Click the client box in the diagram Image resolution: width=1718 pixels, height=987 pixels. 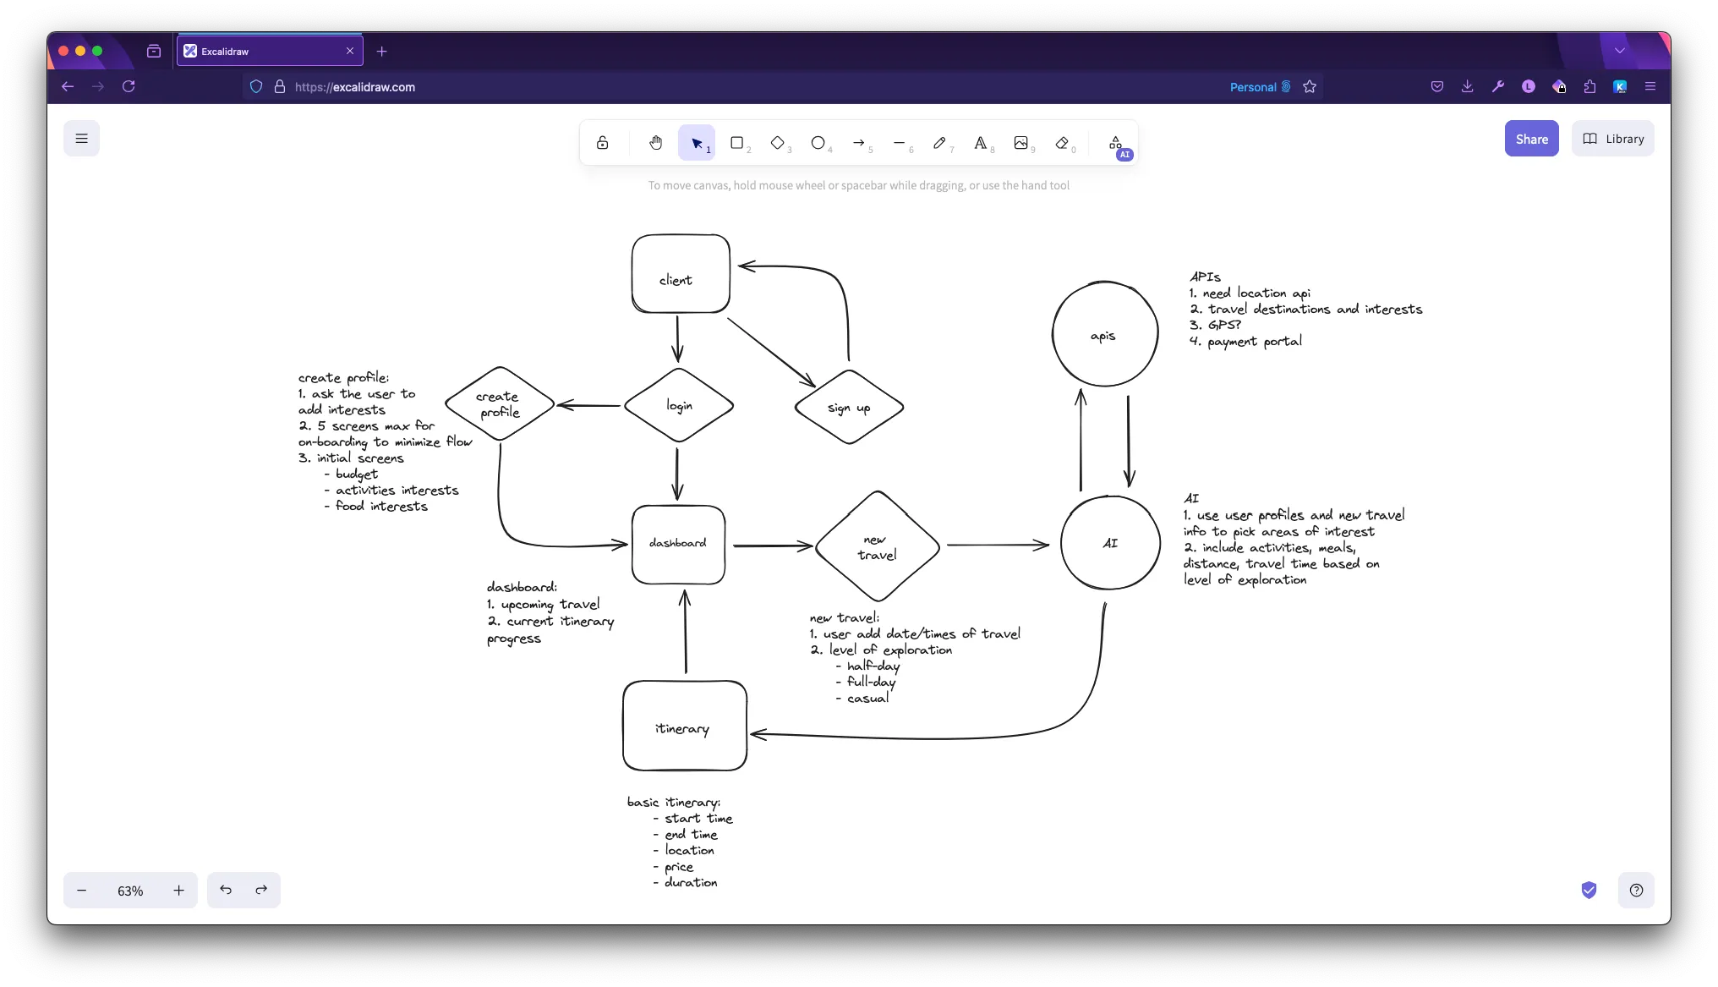click(x=681, y=274)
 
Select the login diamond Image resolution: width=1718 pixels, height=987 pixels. click(x=679, y=406)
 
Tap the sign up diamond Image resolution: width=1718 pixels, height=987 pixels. click(x=849, y=408)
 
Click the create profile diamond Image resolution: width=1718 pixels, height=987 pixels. click(x=499, y=404)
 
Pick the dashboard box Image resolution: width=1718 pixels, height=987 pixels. click(x=678, y=544)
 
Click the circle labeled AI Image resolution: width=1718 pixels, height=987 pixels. click(x=1110, y=543)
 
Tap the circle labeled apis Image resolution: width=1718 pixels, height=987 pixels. click(x=1104, y=335)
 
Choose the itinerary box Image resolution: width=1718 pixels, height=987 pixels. click(x=684, y=727)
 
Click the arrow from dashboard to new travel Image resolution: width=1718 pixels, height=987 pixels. click(x=771, y=546)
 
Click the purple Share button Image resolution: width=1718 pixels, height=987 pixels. click(x=1531, y=139)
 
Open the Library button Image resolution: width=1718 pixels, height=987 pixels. click(x=1612, y=139)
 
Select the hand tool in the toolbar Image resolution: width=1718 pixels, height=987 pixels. click(x=655, y=143)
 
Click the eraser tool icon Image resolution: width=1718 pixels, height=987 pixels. click(x=1062, y=143)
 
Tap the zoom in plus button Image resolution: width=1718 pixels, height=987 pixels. click(x=178, y=891)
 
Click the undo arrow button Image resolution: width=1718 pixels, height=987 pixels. click(x=226, y=890)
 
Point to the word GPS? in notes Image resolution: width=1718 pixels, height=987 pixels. click(x=1224, y=325)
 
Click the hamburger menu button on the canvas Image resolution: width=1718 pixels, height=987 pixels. click(x=81, y=139)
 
